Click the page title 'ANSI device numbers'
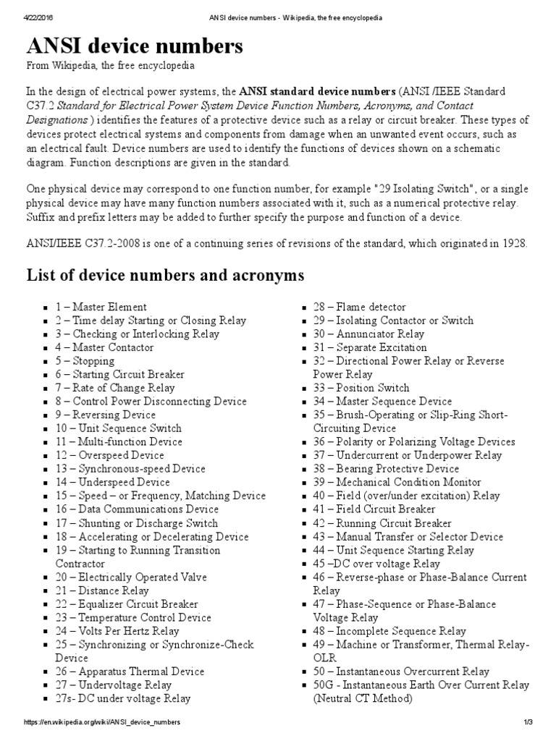coord(135,48)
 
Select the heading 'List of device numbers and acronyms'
coord(165,276)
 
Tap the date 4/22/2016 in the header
coord(26,17)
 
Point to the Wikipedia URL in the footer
coord(102,723)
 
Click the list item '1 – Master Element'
coord(101,307)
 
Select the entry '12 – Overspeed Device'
coord(109,455)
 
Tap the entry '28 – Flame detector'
coord(359,307)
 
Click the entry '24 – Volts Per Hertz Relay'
coord(117,631)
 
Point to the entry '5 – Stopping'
coord(85,361)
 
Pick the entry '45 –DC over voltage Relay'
coord(376,563)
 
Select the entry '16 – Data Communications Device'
coord(136,509)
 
